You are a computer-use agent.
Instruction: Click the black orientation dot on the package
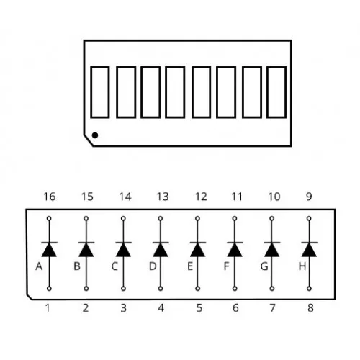pos(95,135)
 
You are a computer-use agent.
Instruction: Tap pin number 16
pos(50,197)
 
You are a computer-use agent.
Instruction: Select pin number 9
pos(309,197)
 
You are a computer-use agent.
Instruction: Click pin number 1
pos(48,308)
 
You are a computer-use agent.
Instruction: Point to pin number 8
pos(310,308)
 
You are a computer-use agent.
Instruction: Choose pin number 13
pos(163,197)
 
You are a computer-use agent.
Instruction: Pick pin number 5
pos(199,308)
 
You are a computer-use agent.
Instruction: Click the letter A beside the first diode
pos(39,266)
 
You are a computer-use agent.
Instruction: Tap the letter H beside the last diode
pos(302,266)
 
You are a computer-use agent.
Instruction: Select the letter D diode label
pos(153,266)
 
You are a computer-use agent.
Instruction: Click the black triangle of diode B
pos(86,250)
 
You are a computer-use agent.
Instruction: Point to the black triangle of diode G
pos(272,250)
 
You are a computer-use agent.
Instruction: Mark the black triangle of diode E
pos(197,250)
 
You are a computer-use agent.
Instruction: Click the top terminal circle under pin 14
pos(123,218)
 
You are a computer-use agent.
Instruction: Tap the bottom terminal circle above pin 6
pos(235,289)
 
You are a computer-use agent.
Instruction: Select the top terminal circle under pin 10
pos(272,218)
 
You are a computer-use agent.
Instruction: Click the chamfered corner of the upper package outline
pos(89,140)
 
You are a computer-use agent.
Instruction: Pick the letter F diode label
pos(226,266)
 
